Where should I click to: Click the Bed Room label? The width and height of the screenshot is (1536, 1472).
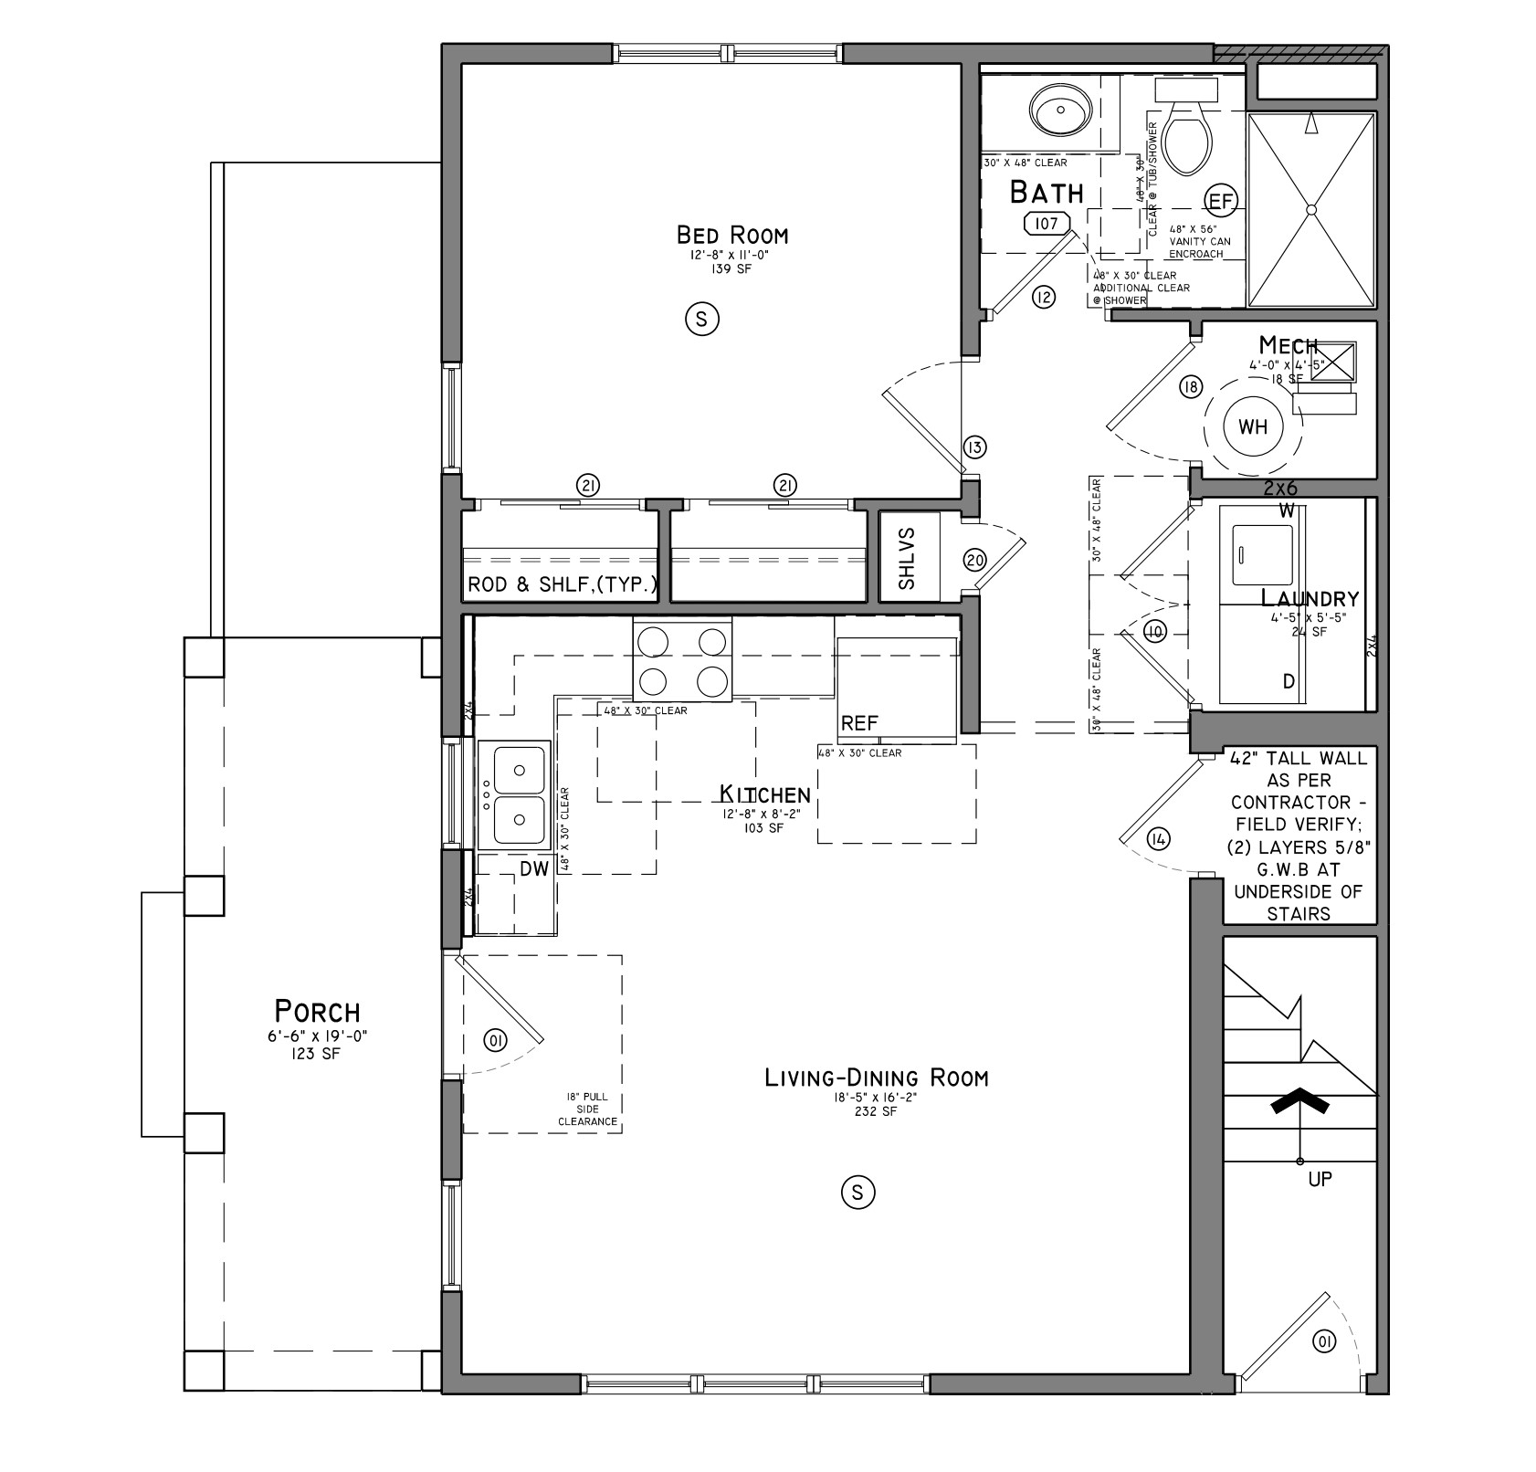click(731, 235)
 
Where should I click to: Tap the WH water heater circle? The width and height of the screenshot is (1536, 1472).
click(1254, 426)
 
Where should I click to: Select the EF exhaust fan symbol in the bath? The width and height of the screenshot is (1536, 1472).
click(1221, 201)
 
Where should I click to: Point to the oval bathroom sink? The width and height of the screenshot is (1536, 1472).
click(1061, 111)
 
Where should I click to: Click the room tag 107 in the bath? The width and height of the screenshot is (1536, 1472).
click(1047, 223)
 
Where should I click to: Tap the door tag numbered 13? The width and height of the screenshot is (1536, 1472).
click(974, 447)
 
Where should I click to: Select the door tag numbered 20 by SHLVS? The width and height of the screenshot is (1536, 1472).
click(975, 560)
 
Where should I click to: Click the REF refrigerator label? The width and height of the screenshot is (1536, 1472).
click(859, 723)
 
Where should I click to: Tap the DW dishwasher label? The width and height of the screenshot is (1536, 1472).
click(534, 869)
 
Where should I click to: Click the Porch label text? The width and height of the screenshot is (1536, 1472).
click(318, 1012)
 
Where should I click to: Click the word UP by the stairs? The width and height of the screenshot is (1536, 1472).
click(1320, 1179)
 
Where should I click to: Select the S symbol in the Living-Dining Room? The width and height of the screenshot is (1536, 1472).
click(857, 1192)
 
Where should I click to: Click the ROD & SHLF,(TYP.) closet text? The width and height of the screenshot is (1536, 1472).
click(562, 585)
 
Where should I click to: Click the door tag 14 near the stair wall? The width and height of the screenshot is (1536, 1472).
click(1157, 838)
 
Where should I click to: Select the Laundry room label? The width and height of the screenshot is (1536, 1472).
click(1310, 598)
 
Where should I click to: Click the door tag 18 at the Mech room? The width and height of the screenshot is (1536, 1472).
click(1189, 387)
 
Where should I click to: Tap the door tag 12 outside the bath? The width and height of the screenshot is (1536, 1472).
click(1043, 297)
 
